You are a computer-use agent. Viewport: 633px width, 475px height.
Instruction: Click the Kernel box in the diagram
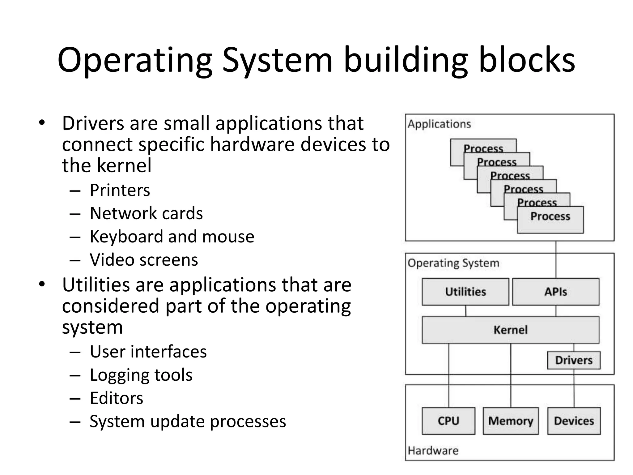(510, 330)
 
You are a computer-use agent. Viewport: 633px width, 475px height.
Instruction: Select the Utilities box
(465, 292)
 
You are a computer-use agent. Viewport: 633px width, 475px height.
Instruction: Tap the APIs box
(555, 292)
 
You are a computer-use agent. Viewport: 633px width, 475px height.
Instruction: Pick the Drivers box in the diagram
(574, 360)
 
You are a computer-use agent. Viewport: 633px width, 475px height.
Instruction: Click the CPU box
(448, 421)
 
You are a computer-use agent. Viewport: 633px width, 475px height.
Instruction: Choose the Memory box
(511, 421)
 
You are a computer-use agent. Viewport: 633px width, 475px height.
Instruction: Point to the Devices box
(574, 421)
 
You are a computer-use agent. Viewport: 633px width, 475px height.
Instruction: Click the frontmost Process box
(550, 220)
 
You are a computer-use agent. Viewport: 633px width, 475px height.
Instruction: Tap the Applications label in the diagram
(439, 124)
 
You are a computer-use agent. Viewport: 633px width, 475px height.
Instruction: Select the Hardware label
(433, 451)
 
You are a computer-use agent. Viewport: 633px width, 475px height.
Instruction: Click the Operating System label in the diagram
(453, 263)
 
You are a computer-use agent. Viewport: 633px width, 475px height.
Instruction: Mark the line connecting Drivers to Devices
(574, 388)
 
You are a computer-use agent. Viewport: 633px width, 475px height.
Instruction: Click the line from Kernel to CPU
(448, 376)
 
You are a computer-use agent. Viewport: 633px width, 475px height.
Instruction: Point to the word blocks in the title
(527, 59)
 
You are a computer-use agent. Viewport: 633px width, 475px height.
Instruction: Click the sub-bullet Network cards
(146, 213)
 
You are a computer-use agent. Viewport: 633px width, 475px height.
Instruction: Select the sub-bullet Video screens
(144, 260)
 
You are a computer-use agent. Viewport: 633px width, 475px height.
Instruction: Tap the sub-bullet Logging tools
(141, 375)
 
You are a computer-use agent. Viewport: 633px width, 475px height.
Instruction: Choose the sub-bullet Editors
(117, 398)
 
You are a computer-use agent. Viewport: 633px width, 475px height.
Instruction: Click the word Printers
(120, 190)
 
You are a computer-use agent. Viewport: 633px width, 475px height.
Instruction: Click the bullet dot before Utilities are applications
(42, 284)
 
